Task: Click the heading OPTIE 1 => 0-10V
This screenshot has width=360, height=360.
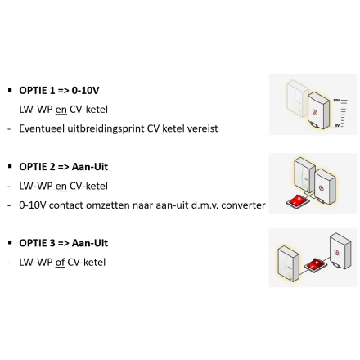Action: tap(59, 90)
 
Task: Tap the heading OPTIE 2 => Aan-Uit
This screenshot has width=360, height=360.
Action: tap(63, 167)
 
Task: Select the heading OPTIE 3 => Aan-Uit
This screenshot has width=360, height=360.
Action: tap(63, 243)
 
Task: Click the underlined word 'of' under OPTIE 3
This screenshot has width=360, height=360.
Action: tap(60, 263)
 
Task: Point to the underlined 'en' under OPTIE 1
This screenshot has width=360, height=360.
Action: tap(61, 110)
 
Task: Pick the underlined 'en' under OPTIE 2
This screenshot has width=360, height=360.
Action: tap(61, 187)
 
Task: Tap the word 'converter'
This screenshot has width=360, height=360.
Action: tap(243, 205)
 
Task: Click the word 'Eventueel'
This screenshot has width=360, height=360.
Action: tap(42, 128)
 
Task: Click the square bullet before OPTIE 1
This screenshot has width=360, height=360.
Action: tap(10, 90)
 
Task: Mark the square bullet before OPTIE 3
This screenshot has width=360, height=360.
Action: tap(10, 242)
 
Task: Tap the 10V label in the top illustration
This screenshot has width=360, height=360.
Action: tap(336, 101)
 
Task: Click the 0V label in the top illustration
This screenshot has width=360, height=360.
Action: tap(337, 125)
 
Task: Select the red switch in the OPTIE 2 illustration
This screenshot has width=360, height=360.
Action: tap(298, 201)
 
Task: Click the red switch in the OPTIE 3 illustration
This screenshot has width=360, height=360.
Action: tap(315, 264)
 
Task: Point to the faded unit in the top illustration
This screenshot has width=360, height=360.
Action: tap(297, 98)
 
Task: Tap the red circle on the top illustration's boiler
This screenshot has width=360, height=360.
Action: tap(314, 112)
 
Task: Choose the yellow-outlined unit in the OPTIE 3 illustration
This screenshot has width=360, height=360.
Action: tap(289, 263)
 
